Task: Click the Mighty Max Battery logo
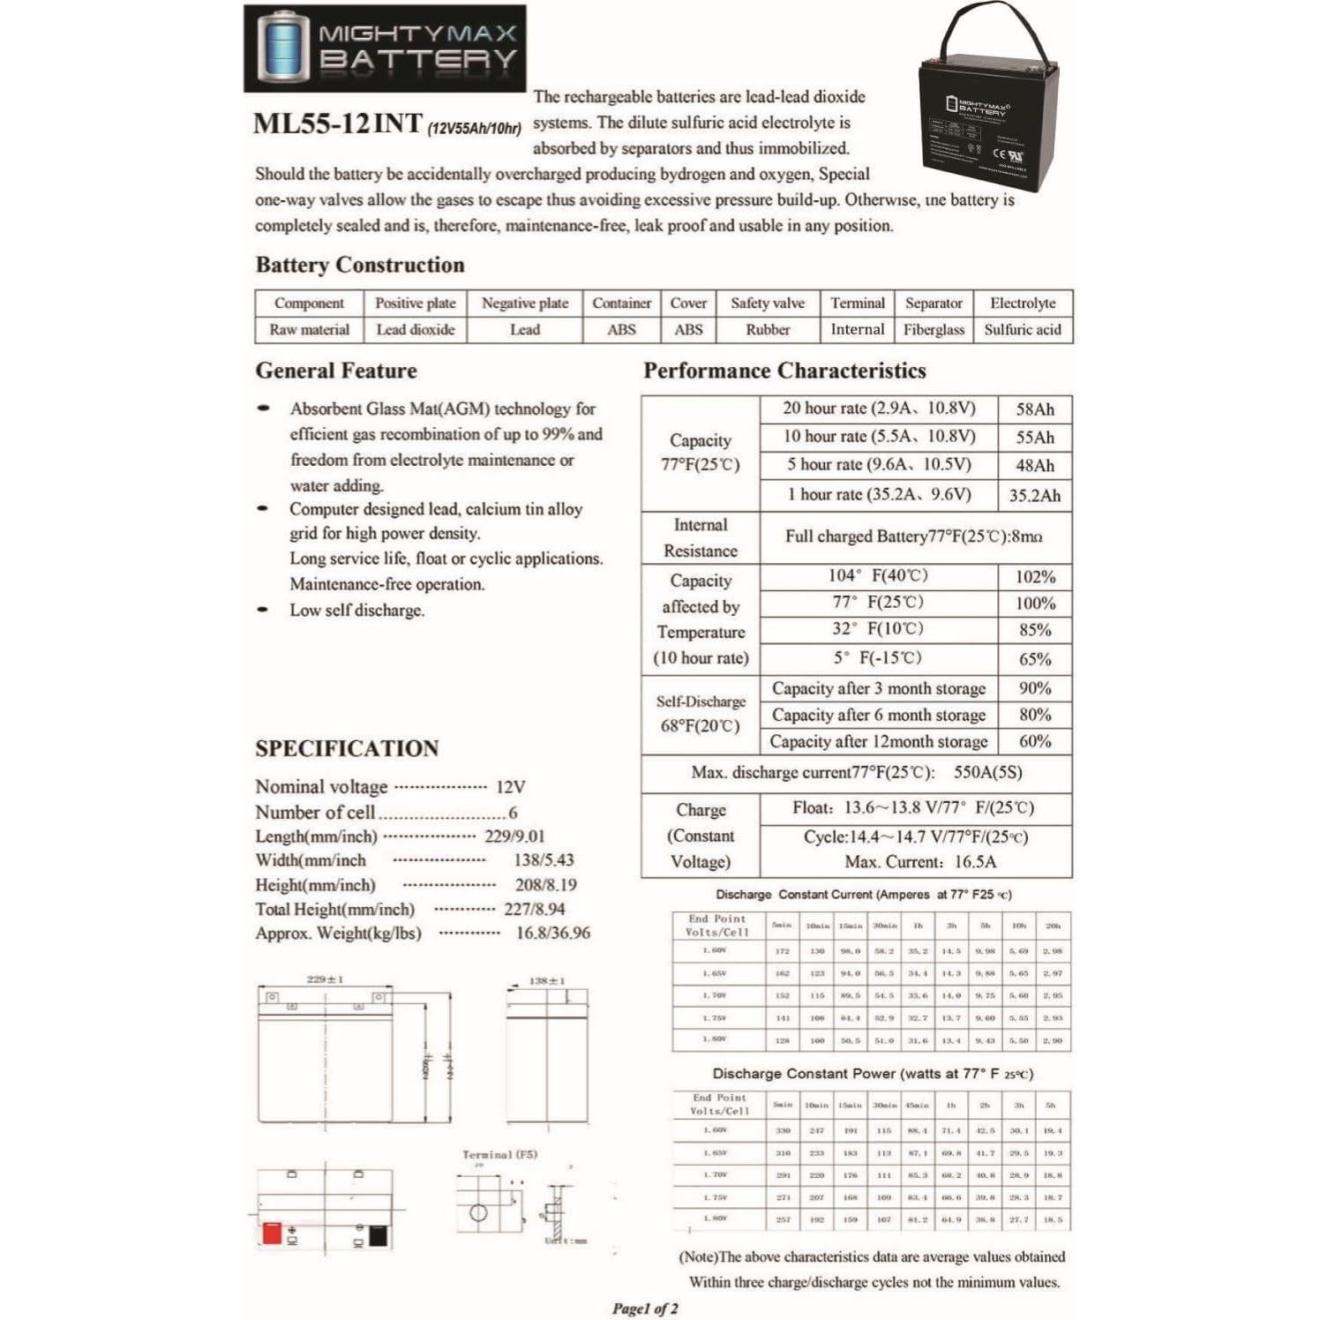click(x=385, y=49)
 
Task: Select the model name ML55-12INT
click(x=338, y=124)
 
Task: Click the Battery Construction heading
click(x=359, y=265)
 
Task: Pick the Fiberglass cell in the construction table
click(x=934, y=330)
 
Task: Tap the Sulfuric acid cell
click(x=1023, y=330)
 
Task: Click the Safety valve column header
click(x=767, y=304)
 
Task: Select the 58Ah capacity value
click(x=1034, y=409)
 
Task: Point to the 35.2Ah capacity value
click(x=1034, y=496)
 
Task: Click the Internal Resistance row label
click(x=700, y=537)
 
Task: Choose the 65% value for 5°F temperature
click(x=1034, y=659)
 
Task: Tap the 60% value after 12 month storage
click(x=1034, y=742)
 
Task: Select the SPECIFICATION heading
click(x=347, y=748)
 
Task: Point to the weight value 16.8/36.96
click(x=552, y=934)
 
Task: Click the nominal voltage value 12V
click(x=510, y=787)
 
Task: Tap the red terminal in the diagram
click(x=272, y=1233)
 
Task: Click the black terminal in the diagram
click(x=378, y=1234)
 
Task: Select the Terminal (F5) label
click(x=499, y=1154)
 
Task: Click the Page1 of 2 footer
click(x=645, y=1309)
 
